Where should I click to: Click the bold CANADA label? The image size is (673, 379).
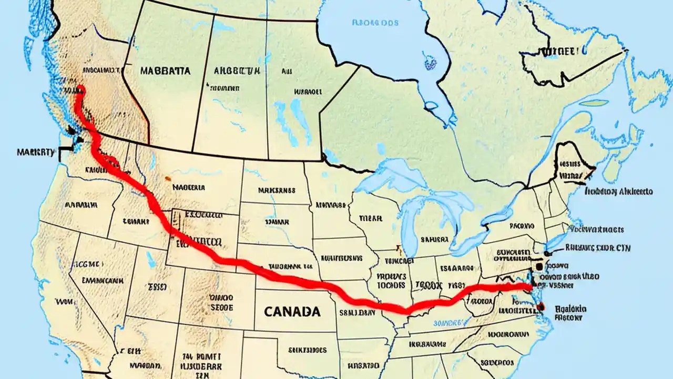point(292,311)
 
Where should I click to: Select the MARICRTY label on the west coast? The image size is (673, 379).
point(35,152)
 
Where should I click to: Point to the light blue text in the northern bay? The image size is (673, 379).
point(375,23)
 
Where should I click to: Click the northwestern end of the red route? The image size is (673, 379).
point(79,88)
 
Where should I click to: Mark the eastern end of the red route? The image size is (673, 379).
point(530,286)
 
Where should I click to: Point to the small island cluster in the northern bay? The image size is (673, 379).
point(430,62)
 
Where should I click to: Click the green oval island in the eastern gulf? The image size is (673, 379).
point(594,103)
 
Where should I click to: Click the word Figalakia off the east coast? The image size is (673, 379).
point(570,309)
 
